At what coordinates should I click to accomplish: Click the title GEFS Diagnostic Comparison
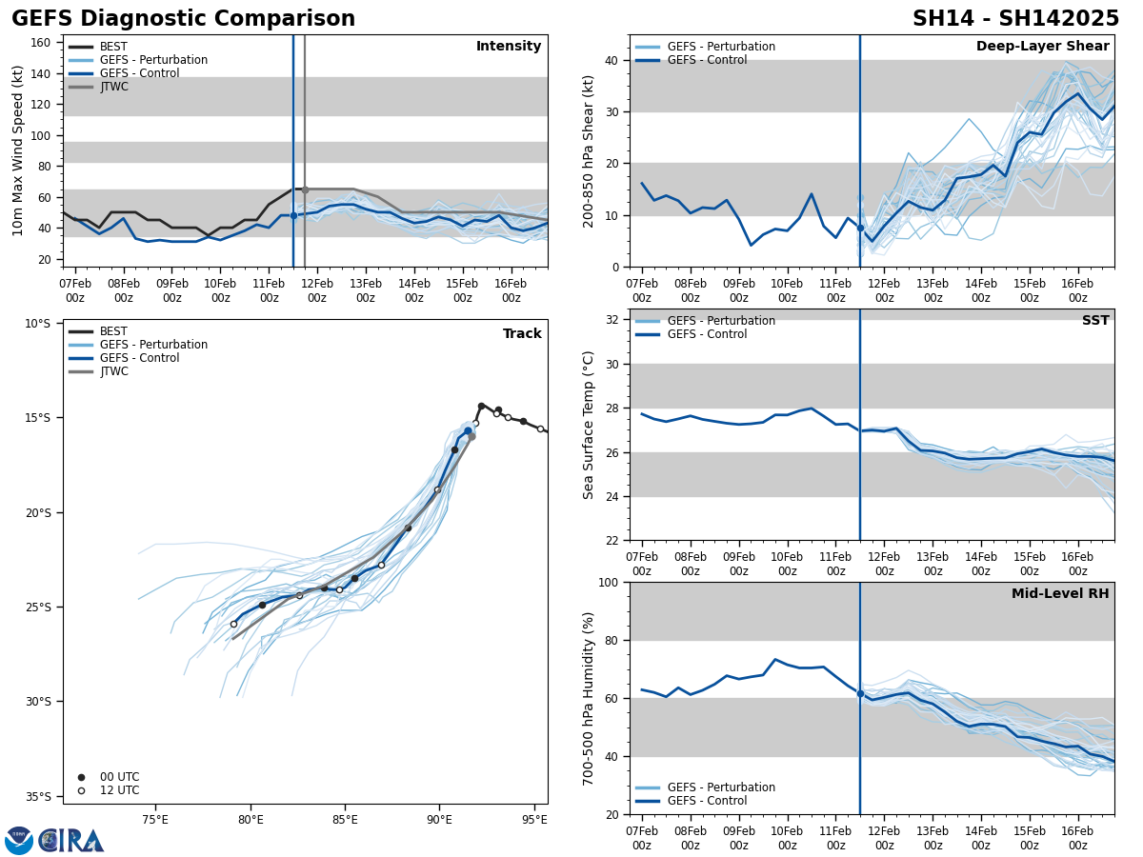tap(183, 19)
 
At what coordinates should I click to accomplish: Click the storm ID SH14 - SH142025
tap(1015, 19)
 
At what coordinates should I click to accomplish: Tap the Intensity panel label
tap(508, 47)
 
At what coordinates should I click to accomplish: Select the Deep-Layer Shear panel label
tap(1042, 47)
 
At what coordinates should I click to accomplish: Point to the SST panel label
tap(1094, 321)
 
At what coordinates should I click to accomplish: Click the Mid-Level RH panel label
tap(1059, 594)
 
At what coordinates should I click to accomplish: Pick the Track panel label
tap(522, 334)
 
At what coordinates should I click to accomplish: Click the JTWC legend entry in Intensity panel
tap(113, 87)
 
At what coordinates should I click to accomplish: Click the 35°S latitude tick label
tap(38, 797)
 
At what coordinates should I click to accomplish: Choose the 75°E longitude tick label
tap(155, 819)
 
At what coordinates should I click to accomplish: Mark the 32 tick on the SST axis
tap(613, 320)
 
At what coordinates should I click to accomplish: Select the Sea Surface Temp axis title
tap(590, 425)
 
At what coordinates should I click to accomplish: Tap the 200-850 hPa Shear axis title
tap(590, 150)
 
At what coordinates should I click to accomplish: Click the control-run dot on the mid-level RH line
tap(860, 693)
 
